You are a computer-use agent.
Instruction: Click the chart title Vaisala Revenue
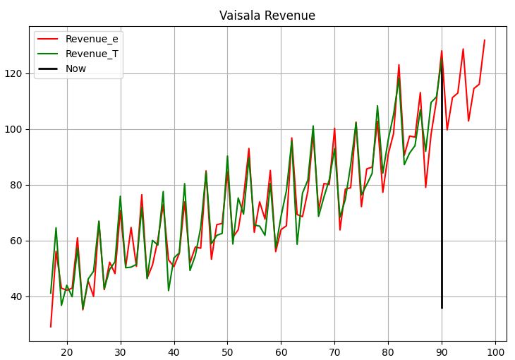coord(267,16)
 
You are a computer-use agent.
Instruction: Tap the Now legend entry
coord(75,68)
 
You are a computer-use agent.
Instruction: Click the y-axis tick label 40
coord(16,296)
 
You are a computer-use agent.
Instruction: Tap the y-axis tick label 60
coord(16,241)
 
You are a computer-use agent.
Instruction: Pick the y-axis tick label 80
coord(16,185)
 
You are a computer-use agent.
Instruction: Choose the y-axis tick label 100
coord(14,129)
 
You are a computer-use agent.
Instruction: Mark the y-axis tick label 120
coord(14,73)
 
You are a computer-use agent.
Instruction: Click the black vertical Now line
coord(442,212)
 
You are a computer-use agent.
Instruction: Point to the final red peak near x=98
coord(485,40)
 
